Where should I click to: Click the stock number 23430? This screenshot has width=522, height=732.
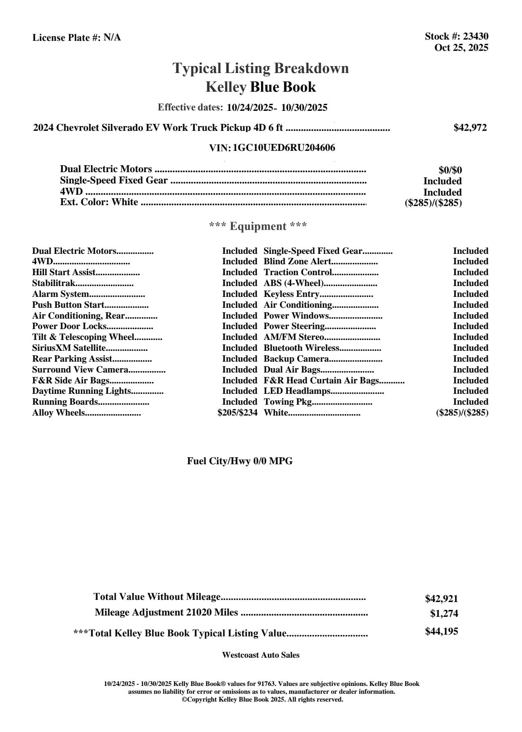tap(475, 37)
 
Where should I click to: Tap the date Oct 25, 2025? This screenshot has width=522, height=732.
tap(461, 48)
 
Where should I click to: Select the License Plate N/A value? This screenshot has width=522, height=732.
tap(112, 38)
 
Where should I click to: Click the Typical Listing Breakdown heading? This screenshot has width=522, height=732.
tap(261, 68)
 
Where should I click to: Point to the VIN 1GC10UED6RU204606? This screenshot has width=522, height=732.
tap(284, 148)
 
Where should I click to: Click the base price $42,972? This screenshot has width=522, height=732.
tap(470, 128)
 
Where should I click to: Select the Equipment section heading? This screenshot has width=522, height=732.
tap(258, 226)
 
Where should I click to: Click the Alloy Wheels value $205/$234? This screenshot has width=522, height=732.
tap(237, 413)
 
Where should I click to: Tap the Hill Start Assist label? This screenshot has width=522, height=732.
tap(64, 273)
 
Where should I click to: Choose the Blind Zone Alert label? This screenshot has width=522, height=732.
tap(297, 262)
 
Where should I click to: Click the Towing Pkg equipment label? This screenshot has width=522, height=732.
tap(288, 402)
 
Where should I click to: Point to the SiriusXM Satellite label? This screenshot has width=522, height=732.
tap(69, 348)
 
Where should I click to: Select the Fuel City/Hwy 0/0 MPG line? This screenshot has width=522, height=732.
tap(240, 461)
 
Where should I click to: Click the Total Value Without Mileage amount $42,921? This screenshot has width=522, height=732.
tap(441, 599)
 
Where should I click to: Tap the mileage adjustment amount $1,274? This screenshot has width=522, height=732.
tap(444, 614)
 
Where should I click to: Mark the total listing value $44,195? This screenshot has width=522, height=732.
tap(441, 632)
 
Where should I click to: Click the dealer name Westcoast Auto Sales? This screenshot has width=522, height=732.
tap(261, 655)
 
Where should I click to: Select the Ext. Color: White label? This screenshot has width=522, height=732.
tap(99, 202)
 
